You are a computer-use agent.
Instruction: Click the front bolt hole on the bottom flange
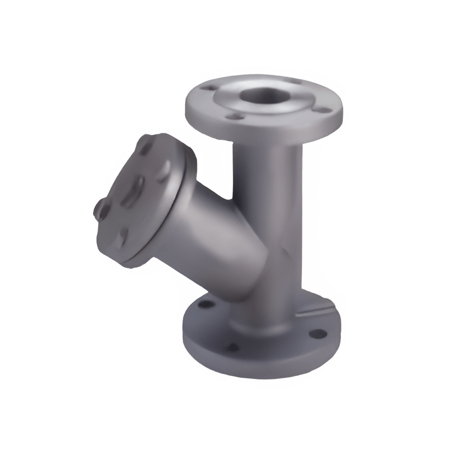tap(232, 347)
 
